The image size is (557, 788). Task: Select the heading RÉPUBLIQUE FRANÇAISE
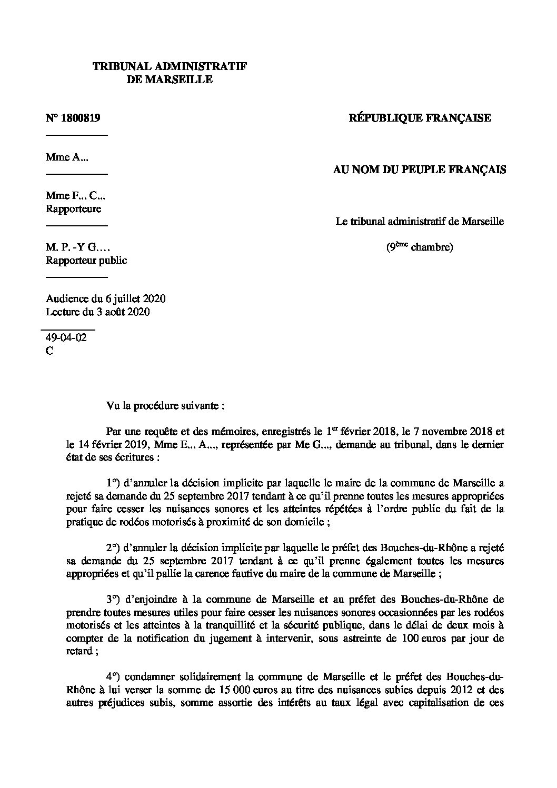(420, 118)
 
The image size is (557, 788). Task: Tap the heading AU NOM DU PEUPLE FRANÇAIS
(420, 169)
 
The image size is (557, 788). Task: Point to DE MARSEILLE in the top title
(170, 80)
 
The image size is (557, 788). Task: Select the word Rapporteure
(73, 208)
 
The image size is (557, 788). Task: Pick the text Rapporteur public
(86, 260)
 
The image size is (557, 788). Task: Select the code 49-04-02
(66, 338)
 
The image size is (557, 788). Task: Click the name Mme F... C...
(76, 196)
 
